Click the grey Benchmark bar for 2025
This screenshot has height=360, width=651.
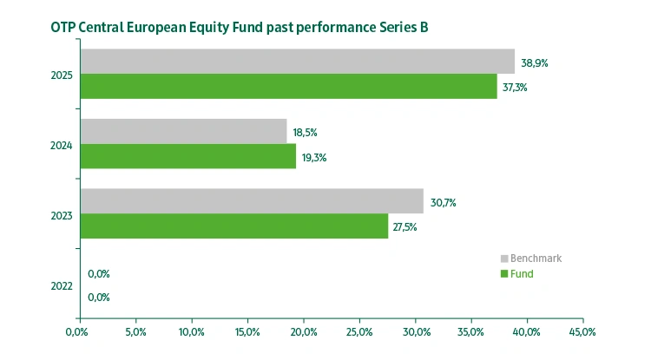297,62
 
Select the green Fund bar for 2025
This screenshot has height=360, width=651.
288,86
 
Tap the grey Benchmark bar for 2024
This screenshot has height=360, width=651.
183,132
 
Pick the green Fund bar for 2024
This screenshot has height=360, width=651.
187,156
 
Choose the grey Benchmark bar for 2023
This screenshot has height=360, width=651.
252,201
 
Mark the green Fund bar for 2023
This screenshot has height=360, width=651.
233,226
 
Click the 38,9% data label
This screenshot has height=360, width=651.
535,63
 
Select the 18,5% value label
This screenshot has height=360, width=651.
306,133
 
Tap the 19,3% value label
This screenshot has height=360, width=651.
313,157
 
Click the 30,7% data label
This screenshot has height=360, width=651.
443,203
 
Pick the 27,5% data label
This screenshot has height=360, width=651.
406,227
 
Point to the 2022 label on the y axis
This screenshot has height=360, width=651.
62,285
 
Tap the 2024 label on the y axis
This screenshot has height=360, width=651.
62,145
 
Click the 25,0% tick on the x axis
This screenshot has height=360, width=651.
359,331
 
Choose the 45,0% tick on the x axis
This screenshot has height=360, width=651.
582,331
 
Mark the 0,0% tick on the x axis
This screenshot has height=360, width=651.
79,331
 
